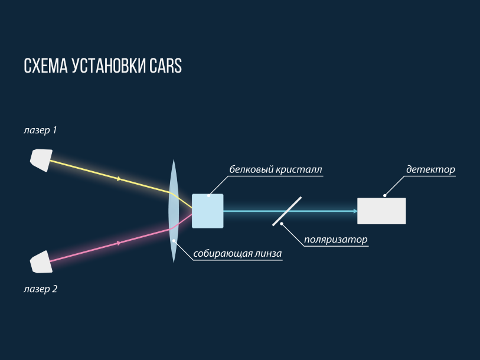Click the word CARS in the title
point(165,66)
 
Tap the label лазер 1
point(40,130)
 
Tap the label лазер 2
point(40,289)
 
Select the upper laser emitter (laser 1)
point(40,159)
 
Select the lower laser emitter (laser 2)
point(41,262)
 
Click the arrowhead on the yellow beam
point(120,178)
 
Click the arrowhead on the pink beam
point(120,243)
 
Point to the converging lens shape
point(173,210)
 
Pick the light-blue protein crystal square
point(208,211)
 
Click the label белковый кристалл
point(276,170)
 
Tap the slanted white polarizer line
point(287,211)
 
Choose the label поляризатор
point(335,240)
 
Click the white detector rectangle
point(381,211)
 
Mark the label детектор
point(430,170)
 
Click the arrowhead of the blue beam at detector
point(355,211)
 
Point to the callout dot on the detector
point(385,195)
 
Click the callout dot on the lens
point(174,240)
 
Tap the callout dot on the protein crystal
point(209,195)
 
